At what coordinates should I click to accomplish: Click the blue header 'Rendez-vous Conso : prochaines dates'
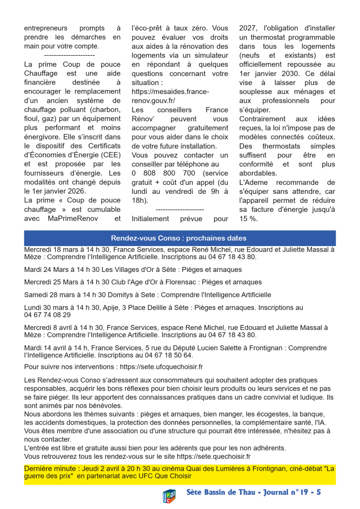point(179,238)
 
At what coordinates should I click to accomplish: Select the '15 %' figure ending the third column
point(248,218)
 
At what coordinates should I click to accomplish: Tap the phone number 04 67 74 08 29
point(47,315)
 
